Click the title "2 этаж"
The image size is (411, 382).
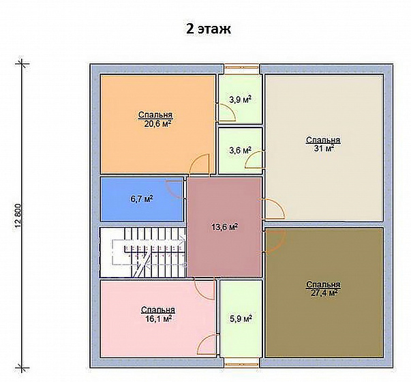coord(209,29)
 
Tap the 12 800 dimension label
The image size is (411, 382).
coord(18,216)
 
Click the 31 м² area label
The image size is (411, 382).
coord(324,149)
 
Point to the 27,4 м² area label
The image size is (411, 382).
coord(324,293)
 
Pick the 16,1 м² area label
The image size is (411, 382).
coord(159,319)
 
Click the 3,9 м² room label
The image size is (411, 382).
coord(241,100)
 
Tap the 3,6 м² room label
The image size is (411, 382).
coord(241,151)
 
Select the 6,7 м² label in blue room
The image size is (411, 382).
coord(142,199)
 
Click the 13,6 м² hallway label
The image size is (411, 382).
coord(225,226)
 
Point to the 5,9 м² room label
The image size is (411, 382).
coord(241,319)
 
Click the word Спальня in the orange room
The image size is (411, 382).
coord(155,115)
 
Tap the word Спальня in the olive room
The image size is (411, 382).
coord(324,284)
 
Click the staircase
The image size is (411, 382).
coord(143,252)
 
